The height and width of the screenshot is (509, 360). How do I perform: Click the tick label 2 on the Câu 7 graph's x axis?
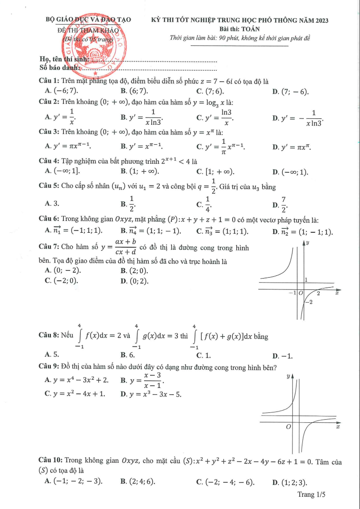click(318, 294)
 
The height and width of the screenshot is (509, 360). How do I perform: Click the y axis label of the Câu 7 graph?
click(308, 243)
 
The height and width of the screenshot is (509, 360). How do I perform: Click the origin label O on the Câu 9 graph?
click(288, 428)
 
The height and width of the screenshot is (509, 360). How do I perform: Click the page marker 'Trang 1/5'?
click(311, 495)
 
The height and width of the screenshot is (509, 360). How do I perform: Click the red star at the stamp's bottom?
click(95, 73)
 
